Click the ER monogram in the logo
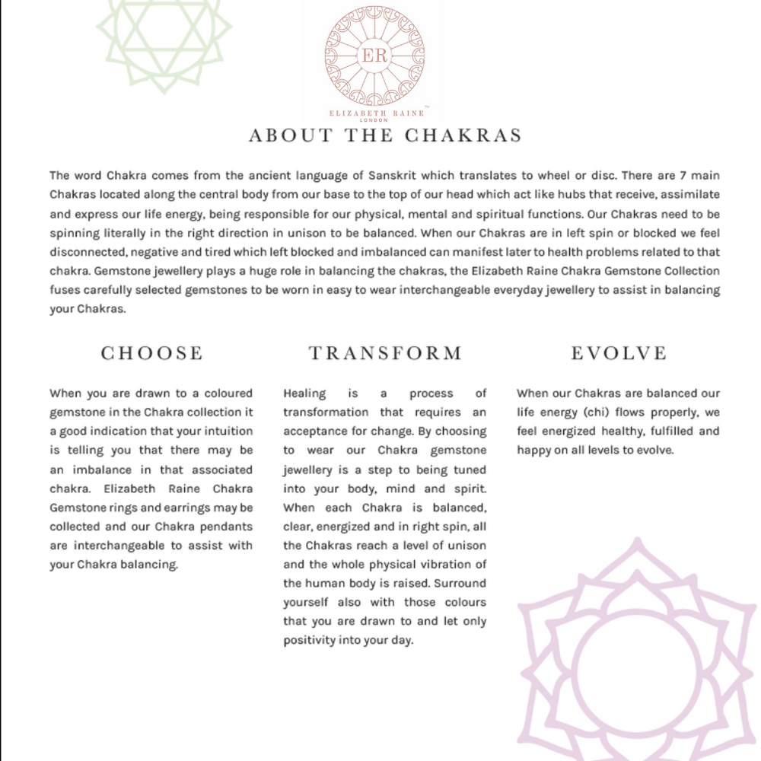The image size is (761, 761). (374, 56)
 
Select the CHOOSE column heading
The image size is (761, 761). (152, 353)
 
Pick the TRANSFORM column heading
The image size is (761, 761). (385, 353)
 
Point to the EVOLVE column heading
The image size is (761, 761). (619, 353)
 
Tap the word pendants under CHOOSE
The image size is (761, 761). (227, 527)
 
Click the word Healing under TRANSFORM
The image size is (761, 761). (304, 393)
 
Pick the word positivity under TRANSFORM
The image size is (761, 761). (309, 641)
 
